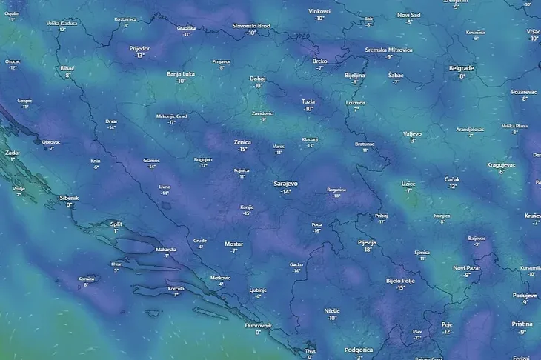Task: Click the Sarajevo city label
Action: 285,182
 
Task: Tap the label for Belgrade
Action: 462,68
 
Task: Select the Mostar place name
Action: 233,243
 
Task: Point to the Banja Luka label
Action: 181,73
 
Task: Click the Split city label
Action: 116,223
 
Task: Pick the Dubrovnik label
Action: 259,325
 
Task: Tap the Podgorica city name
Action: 359,350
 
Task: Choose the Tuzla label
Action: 308,101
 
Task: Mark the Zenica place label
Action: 242,141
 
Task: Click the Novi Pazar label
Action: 468,267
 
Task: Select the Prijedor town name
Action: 139,48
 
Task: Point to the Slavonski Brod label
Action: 251,25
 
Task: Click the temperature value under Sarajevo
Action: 285,192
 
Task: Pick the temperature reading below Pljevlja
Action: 367,250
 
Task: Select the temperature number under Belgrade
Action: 462,76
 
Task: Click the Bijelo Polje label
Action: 400,281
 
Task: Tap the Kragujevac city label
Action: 502,164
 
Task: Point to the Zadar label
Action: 12,152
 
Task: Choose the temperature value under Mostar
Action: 233,251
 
